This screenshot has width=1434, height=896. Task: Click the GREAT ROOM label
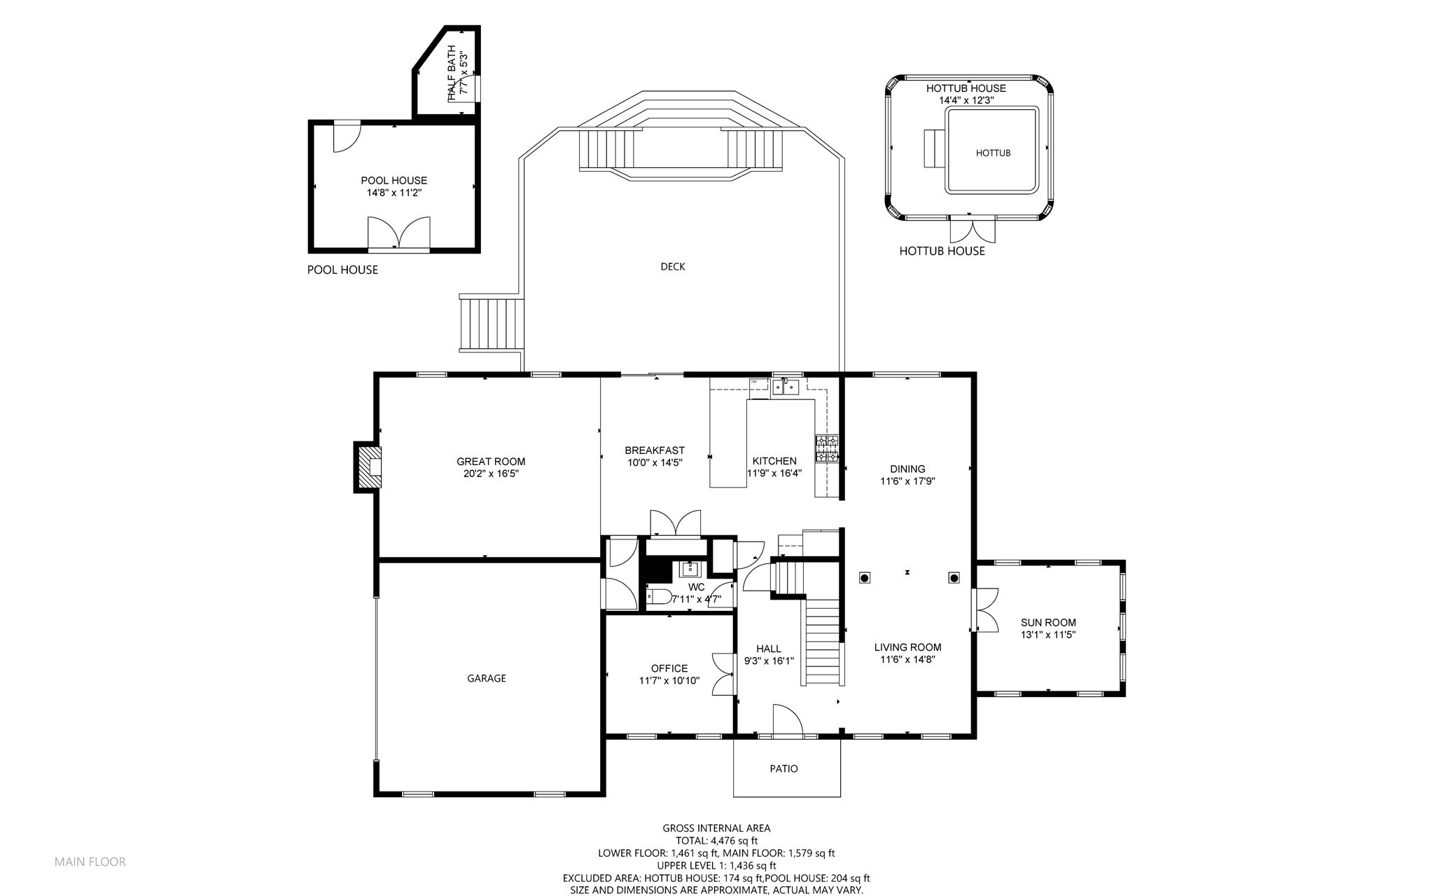click(x=491, y=462)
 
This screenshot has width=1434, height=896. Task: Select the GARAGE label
click(x=487, y=678)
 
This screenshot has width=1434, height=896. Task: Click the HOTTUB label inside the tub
click(x=993, y=153)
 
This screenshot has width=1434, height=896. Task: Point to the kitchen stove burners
click(x=827, y=449)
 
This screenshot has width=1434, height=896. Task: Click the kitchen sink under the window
click(x=786, y=387)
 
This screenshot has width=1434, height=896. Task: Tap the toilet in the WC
click(x=657, y=598)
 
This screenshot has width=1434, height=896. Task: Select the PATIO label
click(x=784, y=769)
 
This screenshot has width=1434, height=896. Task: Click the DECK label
click(x=673, y=266)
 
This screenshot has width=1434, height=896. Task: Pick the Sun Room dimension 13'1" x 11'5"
click(x=1047, y=635)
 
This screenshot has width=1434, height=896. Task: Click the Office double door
click(x=722, y=674)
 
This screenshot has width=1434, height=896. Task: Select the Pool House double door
click(x=398, y=233)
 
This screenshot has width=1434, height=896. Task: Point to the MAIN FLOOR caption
click(x=90, y=862)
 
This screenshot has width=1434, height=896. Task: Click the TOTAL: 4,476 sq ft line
click(x=716, y=841)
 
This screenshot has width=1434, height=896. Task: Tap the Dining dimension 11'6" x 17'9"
click(x=907, y=481)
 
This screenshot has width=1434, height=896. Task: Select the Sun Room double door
click(x=985, y=611)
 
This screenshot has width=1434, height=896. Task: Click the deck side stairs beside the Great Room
click(x=491, y=323)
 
